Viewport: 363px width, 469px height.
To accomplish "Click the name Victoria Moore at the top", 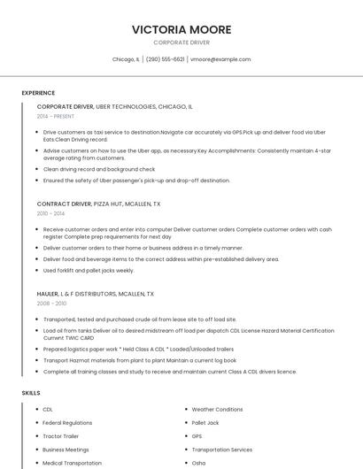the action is [x=181, y=29].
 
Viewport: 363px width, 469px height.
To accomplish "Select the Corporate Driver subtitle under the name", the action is [x=181, y=42].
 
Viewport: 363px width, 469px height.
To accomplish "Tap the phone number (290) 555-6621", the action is [x=165, y=59].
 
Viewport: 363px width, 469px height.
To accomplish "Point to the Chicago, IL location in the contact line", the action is [x=126, y=59].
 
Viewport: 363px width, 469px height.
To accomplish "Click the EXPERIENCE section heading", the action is [x=38, y=93].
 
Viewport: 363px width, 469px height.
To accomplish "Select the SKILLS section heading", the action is [x=31, y=392].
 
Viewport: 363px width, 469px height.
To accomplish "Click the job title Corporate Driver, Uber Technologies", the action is [x=115, y=106].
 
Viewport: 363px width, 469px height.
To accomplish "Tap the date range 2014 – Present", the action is [x=56, y=116].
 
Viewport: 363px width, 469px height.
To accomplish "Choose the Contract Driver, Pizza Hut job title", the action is [x=98, y=204].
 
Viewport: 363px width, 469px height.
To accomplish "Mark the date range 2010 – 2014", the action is [x=50, y=213].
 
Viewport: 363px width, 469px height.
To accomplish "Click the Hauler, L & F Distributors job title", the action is [x=95, y=294].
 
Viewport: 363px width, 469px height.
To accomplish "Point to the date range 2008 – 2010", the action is [x=51, y=304].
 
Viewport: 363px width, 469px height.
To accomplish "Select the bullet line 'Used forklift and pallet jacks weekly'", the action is [x=89, y=271].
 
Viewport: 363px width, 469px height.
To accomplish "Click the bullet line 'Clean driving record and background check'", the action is [x=98, y=169].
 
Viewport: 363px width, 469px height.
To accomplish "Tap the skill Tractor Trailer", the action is [x=61, y=436].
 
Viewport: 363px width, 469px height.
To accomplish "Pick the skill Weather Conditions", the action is [x=217, y=410].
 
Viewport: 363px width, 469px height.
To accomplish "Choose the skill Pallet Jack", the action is [x=205, y=423].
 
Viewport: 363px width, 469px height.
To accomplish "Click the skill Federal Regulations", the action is [x=67, y=423].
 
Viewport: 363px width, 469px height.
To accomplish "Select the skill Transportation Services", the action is [x=222, y=450].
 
